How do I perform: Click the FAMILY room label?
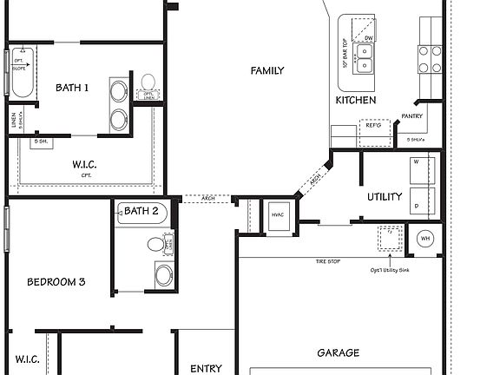coord(267,70)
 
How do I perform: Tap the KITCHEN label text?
coord(356,101)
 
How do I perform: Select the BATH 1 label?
coord(72,88)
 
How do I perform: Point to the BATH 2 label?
coord(141,211)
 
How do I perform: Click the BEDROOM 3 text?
coord(56,281)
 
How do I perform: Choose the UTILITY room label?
coord(384,196)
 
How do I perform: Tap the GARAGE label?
coord(339,353)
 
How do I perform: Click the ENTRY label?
coord(206,368)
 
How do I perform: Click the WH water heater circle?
coord(425,239)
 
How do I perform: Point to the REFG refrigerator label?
coord(373,126)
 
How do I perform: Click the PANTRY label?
coord(411,116)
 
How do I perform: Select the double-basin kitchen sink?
coord(367,58)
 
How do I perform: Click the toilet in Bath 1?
coord(148,83)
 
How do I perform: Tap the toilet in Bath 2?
coord(157,245)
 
